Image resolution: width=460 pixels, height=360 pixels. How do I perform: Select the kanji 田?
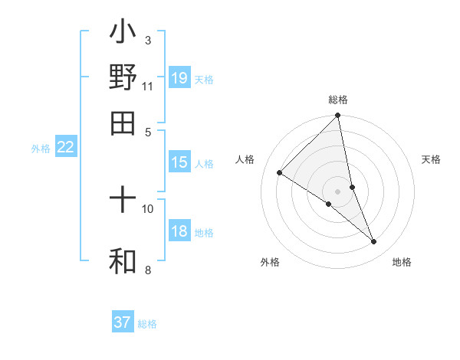(123, 123)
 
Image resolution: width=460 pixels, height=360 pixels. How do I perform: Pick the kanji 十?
(123, 201)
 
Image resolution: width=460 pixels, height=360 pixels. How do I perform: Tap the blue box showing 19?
(179, 77)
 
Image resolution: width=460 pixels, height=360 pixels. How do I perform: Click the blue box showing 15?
(179, 162)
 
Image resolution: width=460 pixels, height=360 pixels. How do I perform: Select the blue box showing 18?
(179, 231)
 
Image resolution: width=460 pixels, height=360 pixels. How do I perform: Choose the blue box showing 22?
(65, 148)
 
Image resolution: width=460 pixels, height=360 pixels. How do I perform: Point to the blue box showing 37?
(123, 322)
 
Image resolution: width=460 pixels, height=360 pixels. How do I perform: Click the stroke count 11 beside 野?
(147, 86)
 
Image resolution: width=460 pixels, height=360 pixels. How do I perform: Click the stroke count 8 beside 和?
(147, 270)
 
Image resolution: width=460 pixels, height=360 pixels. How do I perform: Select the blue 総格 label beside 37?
(147, 324)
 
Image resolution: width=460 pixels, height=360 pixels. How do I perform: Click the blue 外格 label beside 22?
(41, 149)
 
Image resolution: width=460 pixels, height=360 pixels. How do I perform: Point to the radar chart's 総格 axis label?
(338, 100)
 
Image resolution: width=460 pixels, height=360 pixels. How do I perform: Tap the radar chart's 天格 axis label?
(432, 159)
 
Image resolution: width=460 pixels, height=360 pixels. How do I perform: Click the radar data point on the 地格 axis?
(374, 241)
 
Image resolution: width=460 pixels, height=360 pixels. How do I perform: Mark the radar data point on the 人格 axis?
(280, 172)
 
